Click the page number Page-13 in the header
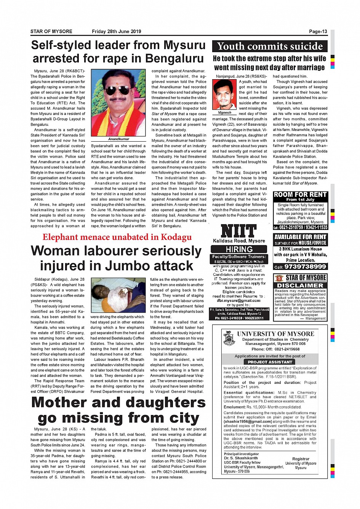coord(318,32)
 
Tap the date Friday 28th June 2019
coord(116,32)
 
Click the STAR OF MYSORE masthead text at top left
coord(51,32)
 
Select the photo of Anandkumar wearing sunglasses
coord(118,103)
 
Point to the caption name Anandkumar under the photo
coord(118,139)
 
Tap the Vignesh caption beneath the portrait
coord(224,113)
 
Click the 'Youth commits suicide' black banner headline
coord(270,46)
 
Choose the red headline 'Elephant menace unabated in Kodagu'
coord(117,237)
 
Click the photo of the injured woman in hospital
coord(118,295)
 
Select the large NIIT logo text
coord(239,231)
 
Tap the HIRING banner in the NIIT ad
coord(239,249)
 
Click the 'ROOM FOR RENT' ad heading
coord(300,195)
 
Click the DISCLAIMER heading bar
coord(300,286)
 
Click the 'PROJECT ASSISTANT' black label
coord(270,362)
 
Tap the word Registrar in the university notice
coord(301,459)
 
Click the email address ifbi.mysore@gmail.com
coord(239,300)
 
